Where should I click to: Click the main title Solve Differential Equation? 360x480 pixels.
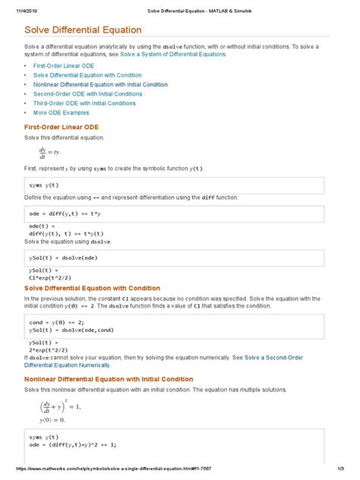(x=84, y=30)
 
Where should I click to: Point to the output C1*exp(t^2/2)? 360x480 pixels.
(x=55, y=277)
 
